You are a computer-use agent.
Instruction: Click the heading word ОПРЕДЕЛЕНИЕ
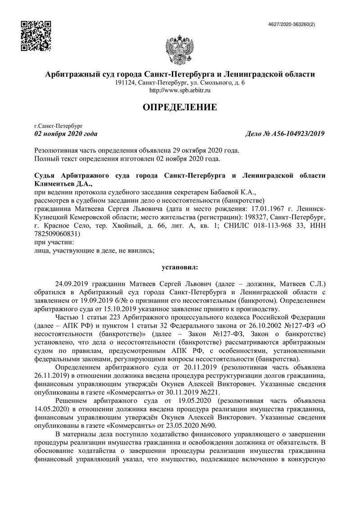click(x=180, y=107)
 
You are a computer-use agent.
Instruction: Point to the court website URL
click(x=180, y=90)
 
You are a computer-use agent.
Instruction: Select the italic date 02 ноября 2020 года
click(x=66, y=134)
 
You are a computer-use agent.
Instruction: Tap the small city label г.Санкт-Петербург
click(x=55, y=126)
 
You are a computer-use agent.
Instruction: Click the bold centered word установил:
click(x=180, y=267)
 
